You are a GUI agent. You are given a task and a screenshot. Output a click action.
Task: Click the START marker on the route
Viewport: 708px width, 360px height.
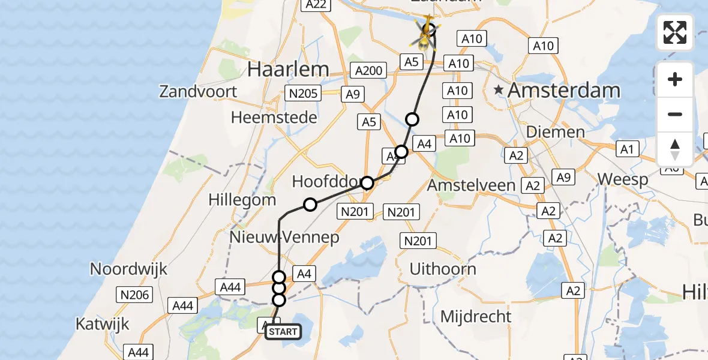[283, 332]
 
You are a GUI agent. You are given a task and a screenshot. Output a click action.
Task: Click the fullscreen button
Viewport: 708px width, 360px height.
[675, 32]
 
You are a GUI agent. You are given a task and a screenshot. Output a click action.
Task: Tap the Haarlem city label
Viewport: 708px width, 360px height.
[288, 70]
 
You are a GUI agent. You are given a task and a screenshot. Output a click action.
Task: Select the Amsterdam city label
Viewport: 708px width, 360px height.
[564, 91]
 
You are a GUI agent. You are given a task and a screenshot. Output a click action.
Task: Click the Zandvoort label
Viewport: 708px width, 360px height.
[198, 92]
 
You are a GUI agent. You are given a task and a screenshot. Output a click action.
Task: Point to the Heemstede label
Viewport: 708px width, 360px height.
[274, 118]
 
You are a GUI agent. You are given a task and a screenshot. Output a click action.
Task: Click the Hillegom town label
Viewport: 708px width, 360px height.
[242, 200]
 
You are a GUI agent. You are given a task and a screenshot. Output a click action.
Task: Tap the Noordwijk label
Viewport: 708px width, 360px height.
[128, 269]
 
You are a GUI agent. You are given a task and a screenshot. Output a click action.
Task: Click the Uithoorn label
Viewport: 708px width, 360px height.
[443, 269]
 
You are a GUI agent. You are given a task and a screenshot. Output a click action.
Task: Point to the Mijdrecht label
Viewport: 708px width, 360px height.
[476, 316]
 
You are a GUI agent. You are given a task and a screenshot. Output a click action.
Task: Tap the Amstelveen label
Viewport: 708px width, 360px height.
[471, 185]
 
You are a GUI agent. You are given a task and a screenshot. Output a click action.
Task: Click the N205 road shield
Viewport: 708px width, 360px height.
[304, 93]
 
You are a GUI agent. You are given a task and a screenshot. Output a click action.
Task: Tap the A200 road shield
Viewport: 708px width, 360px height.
[368, 71]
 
